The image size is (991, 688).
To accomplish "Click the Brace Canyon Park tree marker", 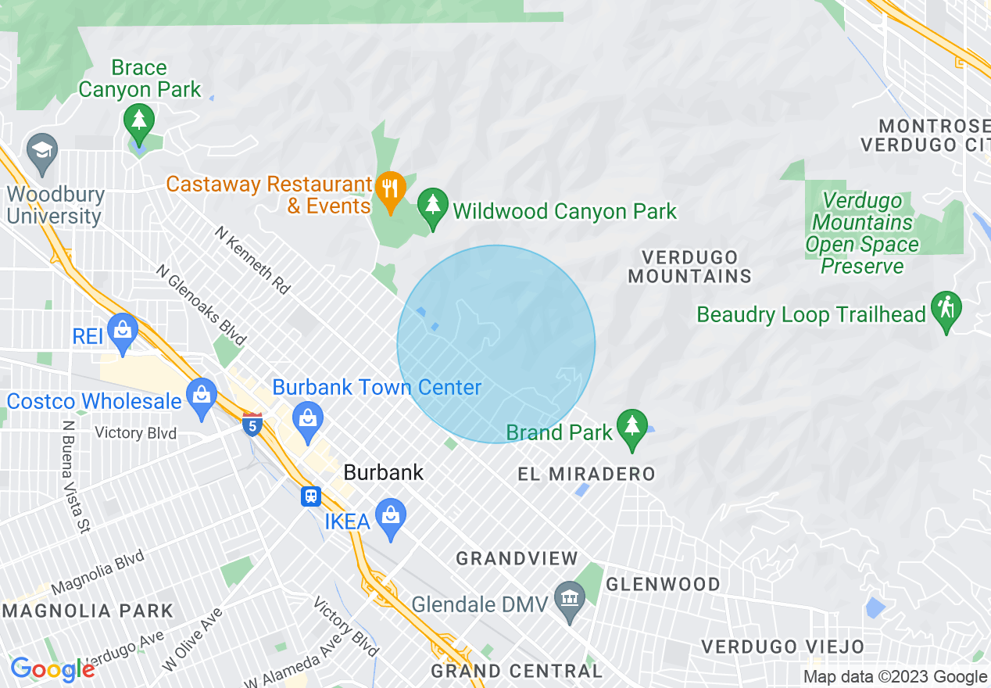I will coord(139,121).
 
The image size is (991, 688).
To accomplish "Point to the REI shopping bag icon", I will coord(123,331).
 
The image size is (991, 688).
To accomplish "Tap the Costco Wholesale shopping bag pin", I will coord(202,396).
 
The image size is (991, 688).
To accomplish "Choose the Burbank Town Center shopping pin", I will coord(308,419).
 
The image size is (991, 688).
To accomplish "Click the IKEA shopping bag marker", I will coord(390,517).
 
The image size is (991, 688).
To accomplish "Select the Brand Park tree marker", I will coord(631,428).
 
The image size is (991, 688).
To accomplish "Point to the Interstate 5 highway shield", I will coord(252,425).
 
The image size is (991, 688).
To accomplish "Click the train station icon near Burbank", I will coord(311,496).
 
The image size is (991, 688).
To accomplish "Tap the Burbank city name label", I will coord(384,472).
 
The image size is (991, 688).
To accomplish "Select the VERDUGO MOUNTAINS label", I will coord(689,267).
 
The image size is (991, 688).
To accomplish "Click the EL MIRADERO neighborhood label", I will coord(586,474).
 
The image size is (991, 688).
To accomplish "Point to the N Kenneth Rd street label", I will coord(252,260).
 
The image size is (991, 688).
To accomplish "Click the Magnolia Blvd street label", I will coord(98,572).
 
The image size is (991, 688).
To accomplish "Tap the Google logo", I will coord(52,669).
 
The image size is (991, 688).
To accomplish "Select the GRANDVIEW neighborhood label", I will coord(517,558).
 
